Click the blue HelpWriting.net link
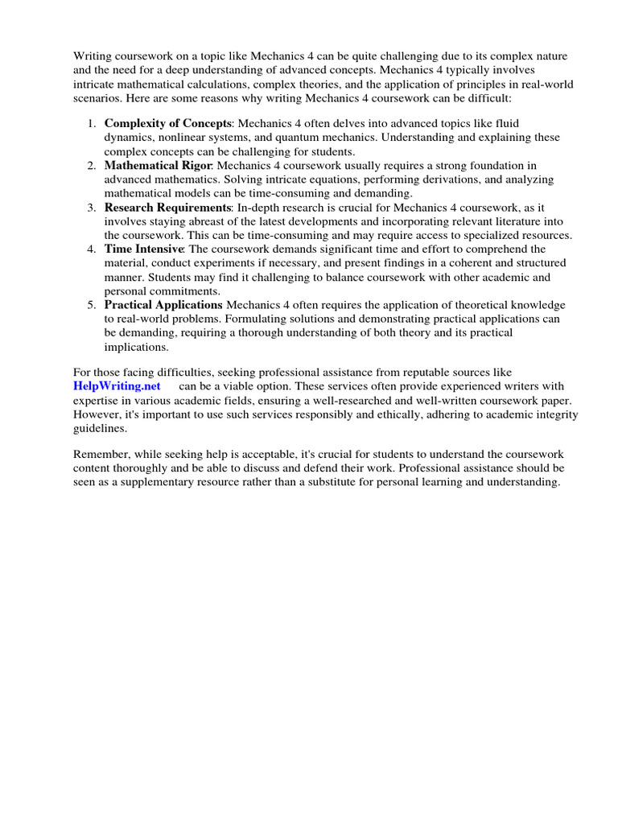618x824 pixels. click(117, 385)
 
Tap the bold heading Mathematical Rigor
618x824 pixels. click(158, 165)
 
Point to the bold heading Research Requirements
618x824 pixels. click(167, 207)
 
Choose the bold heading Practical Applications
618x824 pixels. click(163, 305)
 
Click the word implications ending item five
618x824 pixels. click(137, 347)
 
